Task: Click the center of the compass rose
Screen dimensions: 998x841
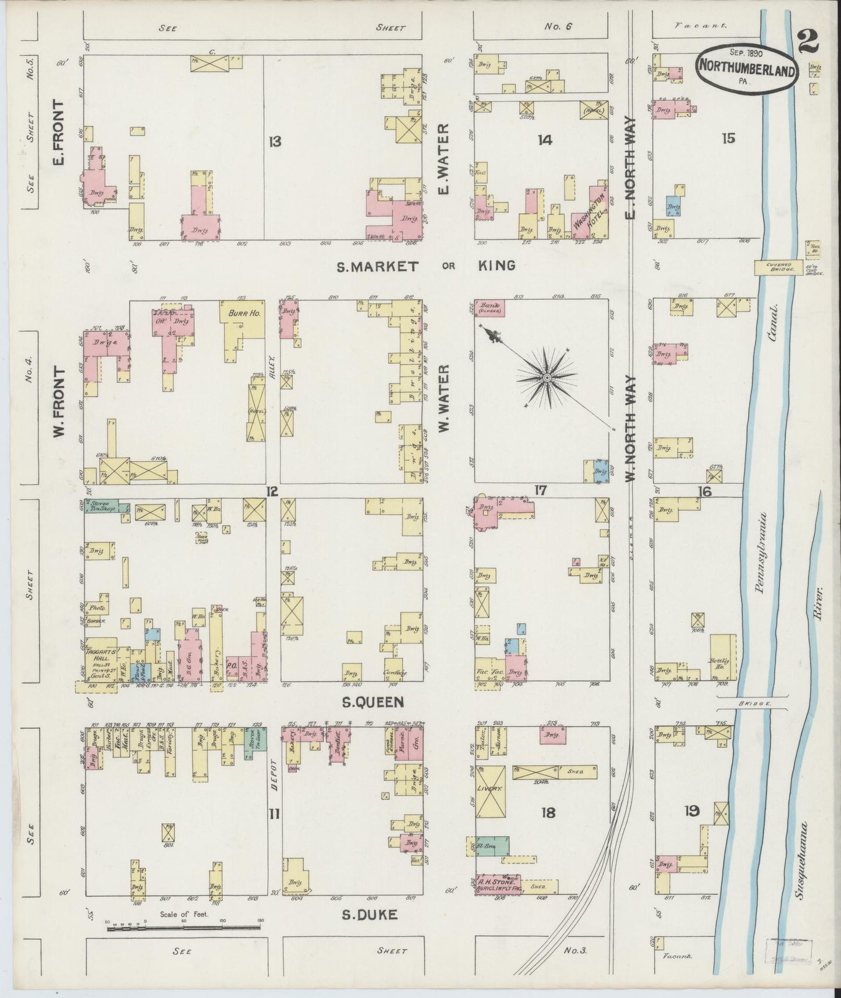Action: (547, 378)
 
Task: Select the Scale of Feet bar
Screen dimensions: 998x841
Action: (183, 926)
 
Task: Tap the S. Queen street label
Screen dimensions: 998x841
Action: (372, 702)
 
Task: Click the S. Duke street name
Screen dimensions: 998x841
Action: (370, 915)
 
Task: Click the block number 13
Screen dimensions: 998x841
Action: (275, 141)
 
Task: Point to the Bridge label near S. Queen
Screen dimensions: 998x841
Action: (753, 704)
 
